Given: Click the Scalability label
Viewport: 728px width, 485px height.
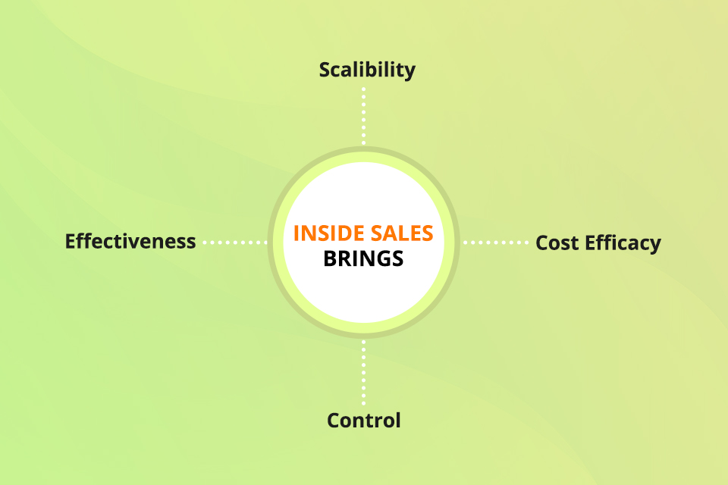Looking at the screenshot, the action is (367, 70).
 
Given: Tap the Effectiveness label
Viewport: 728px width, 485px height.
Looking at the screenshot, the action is (130, 241).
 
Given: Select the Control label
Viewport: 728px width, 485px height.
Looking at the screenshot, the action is (363, 421).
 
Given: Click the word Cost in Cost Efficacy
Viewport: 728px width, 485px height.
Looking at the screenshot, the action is (557, 242).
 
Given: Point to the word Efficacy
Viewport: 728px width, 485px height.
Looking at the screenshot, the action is (623, 243).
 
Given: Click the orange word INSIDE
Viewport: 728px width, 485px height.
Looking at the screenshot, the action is (328, 233).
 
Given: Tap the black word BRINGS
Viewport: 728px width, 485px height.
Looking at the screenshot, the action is (363, 258).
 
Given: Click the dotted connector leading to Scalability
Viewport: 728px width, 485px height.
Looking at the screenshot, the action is (363, 116).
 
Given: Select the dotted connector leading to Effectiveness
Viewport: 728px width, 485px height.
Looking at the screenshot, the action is (235, 242).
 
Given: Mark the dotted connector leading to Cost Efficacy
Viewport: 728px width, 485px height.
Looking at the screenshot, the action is (496, 242).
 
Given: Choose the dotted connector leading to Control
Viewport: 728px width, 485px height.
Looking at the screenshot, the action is (363, 373).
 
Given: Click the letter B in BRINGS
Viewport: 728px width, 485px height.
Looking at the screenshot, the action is (330, 258).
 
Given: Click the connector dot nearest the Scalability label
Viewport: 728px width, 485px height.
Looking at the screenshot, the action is (363, 89).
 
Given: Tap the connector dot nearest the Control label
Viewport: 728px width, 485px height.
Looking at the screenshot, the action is (363, 403).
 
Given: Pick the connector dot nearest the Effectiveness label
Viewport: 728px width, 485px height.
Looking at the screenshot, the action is (206, 242).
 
